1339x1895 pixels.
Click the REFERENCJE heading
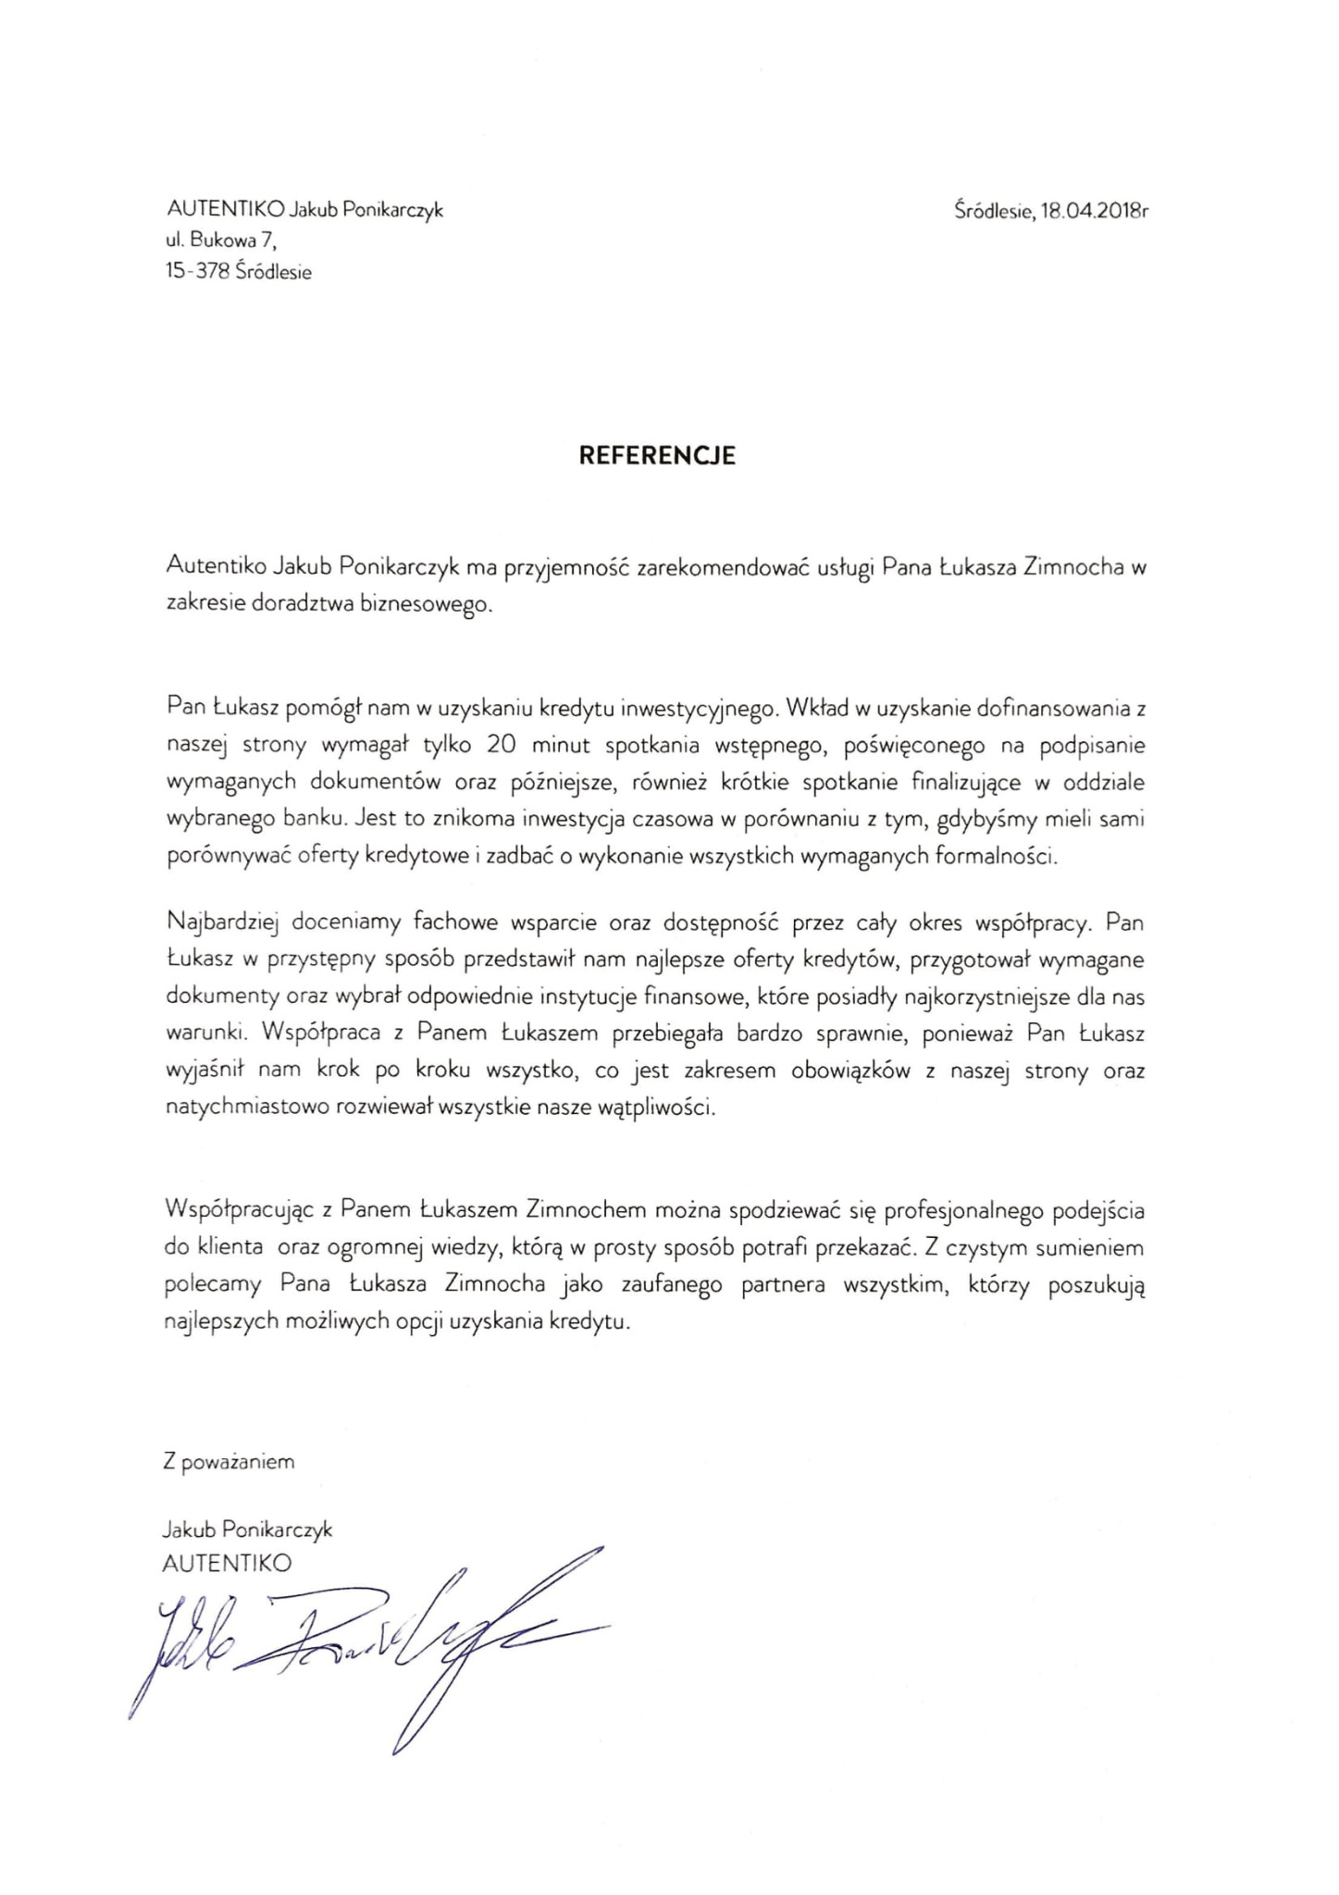coord(657,456)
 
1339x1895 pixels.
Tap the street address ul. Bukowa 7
coord(220,242)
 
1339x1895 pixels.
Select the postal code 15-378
coord(196,272)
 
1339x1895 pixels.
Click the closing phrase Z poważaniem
coord(229,1462)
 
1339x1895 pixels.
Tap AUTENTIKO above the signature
coord(227,1563)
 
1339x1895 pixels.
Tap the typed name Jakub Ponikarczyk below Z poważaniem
coord(246,1530)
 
